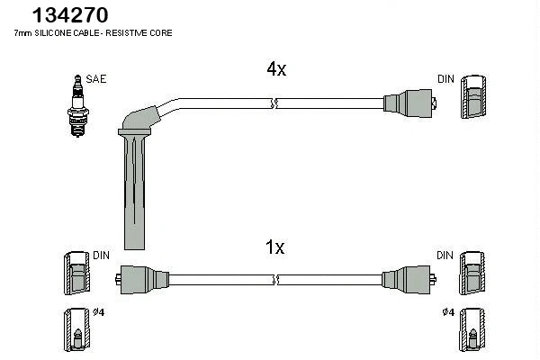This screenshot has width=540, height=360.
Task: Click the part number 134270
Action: [70, 14]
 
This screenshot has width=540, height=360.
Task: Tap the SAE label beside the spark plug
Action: [97, 79]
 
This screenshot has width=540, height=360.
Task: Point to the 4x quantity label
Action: [275, 70]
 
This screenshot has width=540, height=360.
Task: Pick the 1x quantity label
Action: [275, 247]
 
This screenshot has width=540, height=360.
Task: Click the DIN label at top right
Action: [445, 79]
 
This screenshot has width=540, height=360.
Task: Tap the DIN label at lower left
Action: [101, 256]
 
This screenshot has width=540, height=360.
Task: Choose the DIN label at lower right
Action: [445, 256]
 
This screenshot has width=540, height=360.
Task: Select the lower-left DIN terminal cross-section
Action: [76, 272]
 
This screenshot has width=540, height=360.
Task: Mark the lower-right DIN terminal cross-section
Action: [473, 272]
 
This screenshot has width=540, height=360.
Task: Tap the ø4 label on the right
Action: [447, 311]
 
